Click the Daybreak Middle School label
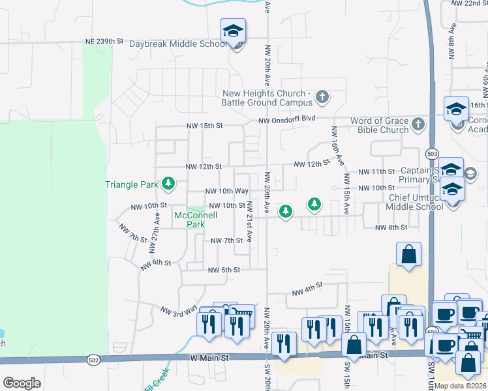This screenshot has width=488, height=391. [177, 44]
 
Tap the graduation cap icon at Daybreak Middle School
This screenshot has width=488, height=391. [233, 31]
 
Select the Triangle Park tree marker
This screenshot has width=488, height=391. [168, 184]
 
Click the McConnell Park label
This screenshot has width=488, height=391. [190, 219]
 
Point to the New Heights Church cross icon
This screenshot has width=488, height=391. [322, 98]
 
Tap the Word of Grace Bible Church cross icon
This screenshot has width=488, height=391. [418, 123]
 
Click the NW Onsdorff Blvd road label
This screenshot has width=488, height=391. [286, 121]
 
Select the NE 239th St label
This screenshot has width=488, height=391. [104, 41]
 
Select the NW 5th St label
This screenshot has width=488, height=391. [224, 270]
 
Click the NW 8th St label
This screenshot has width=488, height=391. [391, 227]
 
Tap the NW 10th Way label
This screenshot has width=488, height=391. [226, 191]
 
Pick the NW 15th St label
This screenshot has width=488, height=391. [204, 125]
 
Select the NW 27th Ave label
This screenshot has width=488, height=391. [157, 224]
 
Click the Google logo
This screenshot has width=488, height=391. [22, 383]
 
